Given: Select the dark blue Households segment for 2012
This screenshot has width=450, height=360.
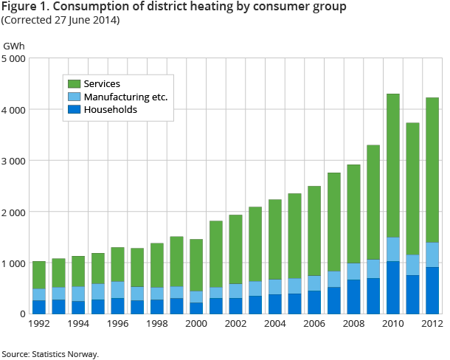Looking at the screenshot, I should tap(432, 290).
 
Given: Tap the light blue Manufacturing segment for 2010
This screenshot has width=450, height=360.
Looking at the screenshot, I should tap(393, 249).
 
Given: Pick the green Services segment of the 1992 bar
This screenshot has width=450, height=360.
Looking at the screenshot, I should tap(38, 275).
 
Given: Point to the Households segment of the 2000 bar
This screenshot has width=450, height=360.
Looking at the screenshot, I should tap(196, 308).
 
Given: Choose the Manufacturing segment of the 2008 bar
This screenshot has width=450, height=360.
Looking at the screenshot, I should tap(353, 271).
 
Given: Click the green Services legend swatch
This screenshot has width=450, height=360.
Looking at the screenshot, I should tap(74, 84).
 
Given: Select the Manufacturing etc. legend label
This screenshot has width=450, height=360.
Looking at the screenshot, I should tap(126, 97).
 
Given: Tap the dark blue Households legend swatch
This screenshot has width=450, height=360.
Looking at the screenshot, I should tap(74, 110).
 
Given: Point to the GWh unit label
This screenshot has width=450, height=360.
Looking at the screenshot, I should tap(14, 46).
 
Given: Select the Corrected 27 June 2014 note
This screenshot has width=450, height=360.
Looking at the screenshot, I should tap(61, 20).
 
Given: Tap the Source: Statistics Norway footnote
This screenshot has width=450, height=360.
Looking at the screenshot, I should tap(50, 354).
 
